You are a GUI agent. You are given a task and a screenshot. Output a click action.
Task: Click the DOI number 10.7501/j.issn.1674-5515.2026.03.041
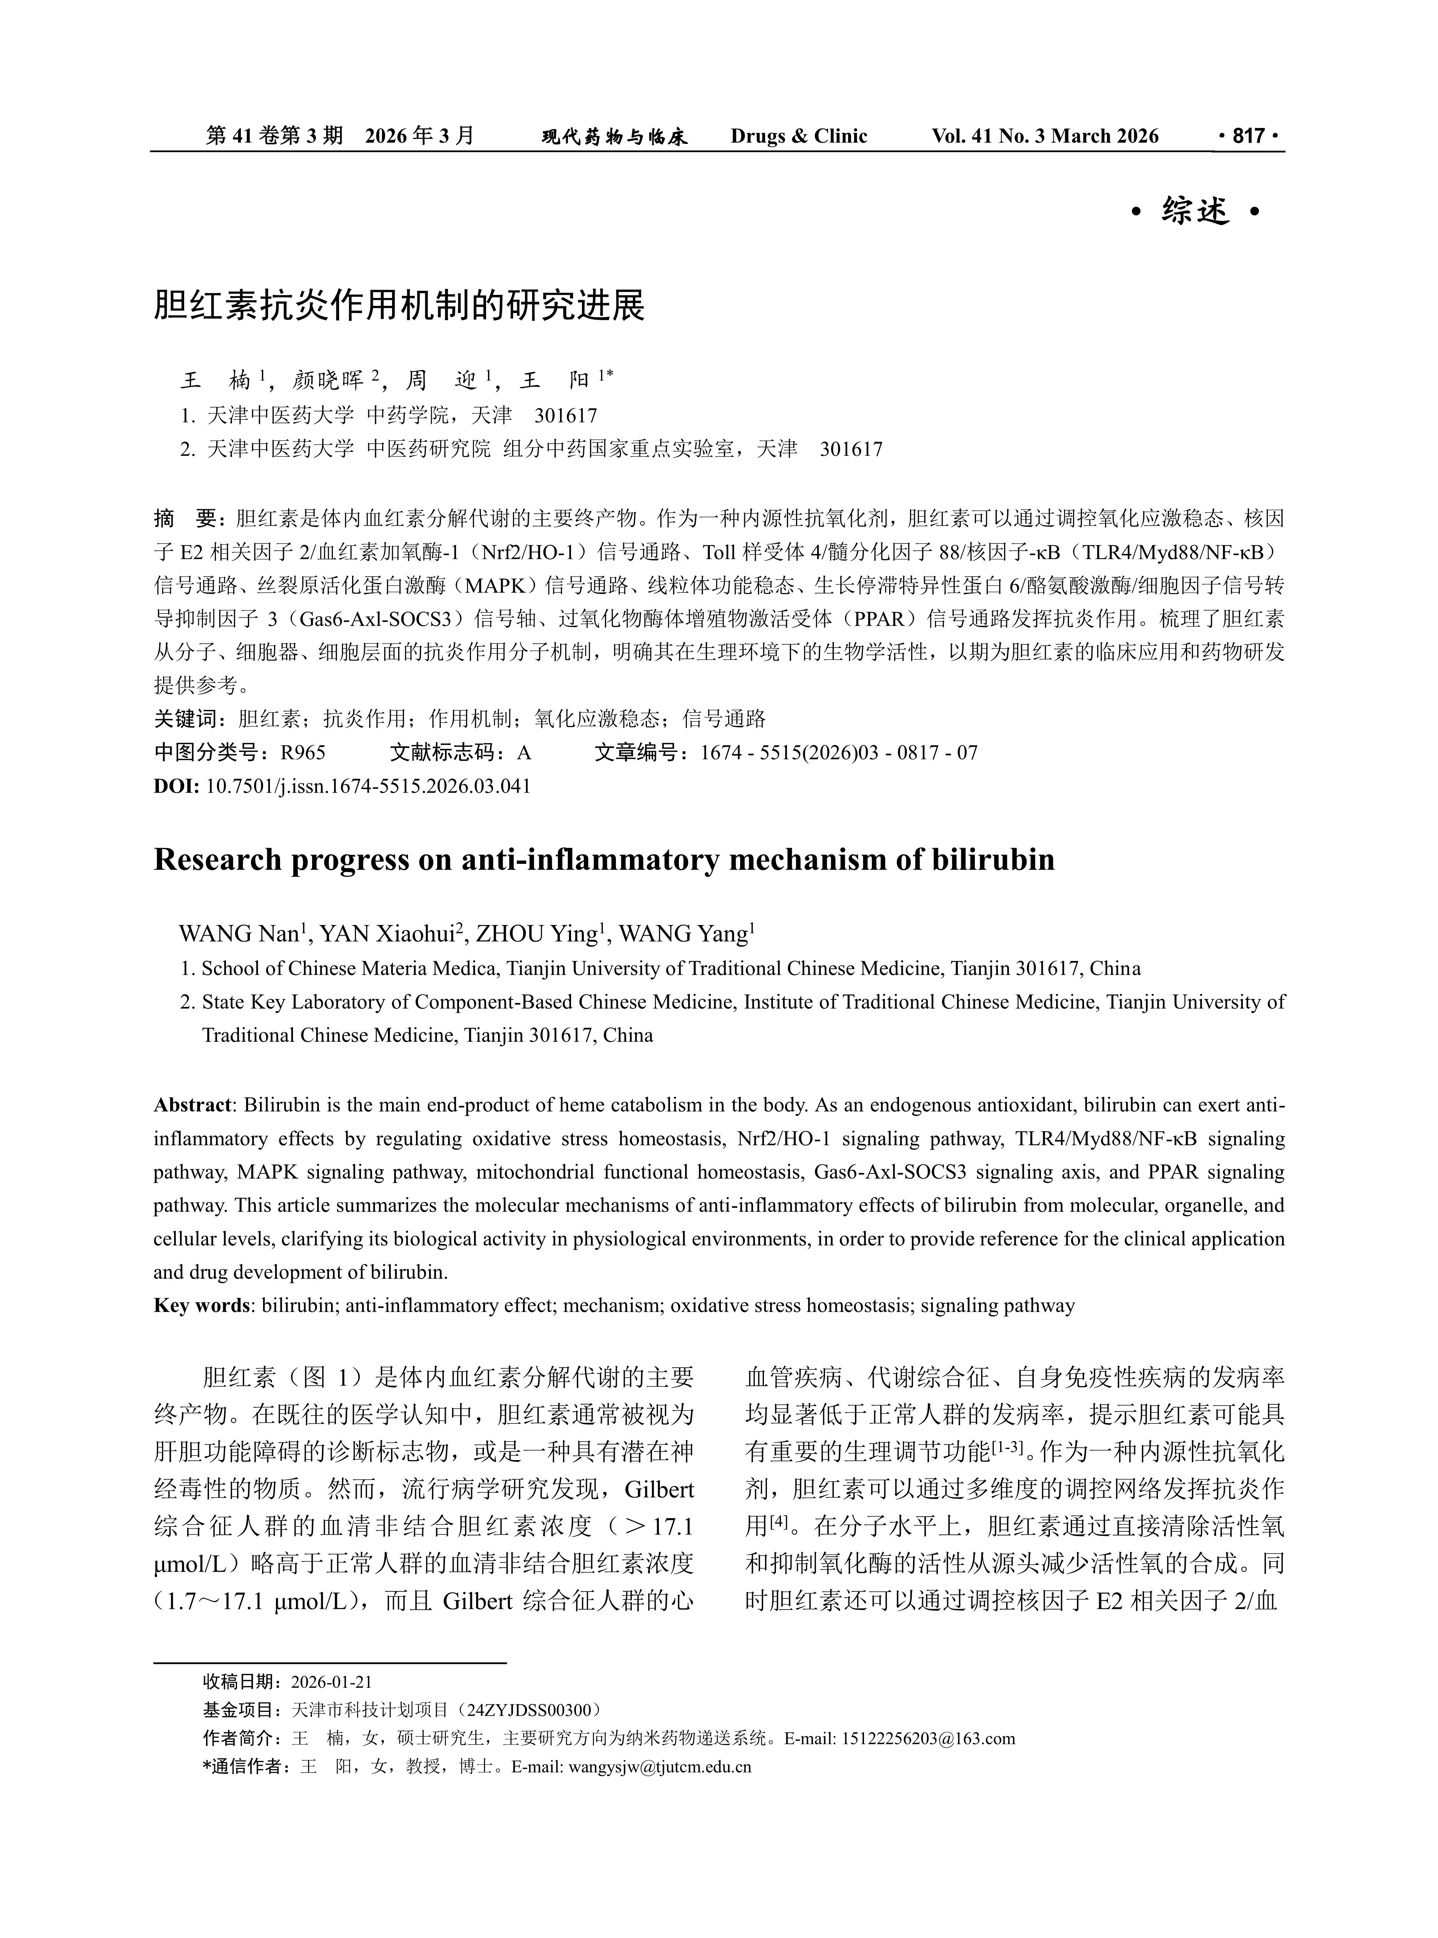[367, 786]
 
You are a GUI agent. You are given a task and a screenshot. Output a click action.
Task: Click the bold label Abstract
[192, 1105]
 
